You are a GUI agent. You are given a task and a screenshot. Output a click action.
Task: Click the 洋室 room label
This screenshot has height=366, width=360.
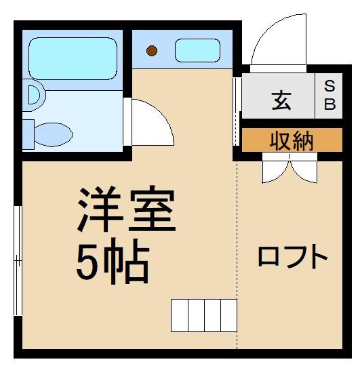(127, 211)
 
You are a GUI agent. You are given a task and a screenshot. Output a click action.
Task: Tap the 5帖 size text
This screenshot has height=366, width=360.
(112, 263)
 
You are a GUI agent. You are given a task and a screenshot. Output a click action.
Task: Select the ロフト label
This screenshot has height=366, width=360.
(292, 257)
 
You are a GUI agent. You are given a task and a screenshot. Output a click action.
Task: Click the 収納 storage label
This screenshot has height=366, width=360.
(292, 140)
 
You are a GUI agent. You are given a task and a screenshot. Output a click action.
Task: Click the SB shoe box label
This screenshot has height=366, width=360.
(329, 95)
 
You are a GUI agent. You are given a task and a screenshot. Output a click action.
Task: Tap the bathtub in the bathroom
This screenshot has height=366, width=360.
(73, 56)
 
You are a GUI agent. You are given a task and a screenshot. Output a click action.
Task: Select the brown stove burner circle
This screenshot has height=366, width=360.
(153, 50)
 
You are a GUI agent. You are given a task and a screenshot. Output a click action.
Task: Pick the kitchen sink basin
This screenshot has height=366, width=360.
(196, 50)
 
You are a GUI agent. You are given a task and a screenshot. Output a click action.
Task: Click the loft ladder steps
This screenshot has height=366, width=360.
(203, 314)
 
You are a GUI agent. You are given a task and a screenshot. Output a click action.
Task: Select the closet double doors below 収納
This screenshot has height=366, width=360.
(289, 167)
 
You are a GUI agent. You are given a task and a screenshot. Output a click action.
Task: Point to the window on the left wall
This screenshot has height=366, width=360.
(18, 260)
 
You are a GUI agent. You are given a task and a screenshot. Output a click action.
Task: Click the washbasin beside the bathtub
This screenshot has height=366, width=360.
(31, 95)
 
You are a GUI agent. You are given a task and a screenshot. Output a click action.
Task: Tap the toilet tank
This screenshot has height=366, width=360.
(28, 133)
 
